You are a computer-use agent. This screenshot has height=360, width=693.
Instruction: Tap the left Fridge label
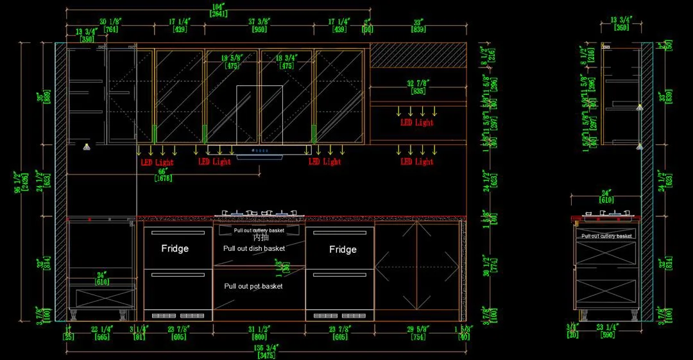(x=175, y=249)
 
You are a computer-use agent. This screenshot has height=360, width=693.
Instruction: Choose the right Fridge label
(x=343, y=250)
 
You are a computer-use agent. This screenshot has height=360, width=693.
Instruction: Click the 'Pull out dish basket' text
(x=253, y=248)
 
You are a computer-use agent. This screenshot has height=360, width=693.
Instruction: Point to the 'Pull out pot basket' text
(x=253, y=286)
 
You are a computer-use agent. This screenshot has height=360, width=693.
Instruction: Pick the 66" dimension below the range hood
(x=162, y=172)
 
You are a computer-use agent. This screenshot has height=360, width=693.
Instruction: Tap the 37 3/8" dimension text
(x=258, y=22)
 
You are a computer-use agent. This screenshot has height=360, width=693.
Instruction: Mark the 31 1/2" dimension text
(x=259, y=329)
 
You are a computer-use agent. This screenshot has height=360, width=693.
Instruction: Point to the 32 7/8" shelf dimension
(x=418, y=83)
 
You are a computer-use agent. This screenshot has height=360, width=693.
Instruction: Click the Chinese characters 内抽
(x=260, y=238)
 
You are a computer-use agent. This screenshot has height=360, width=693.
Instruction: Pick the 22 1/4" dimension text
(x=103, y=329)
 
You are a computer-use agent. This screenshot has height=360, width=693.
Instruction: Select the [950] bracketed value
(x=258, y=30)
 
